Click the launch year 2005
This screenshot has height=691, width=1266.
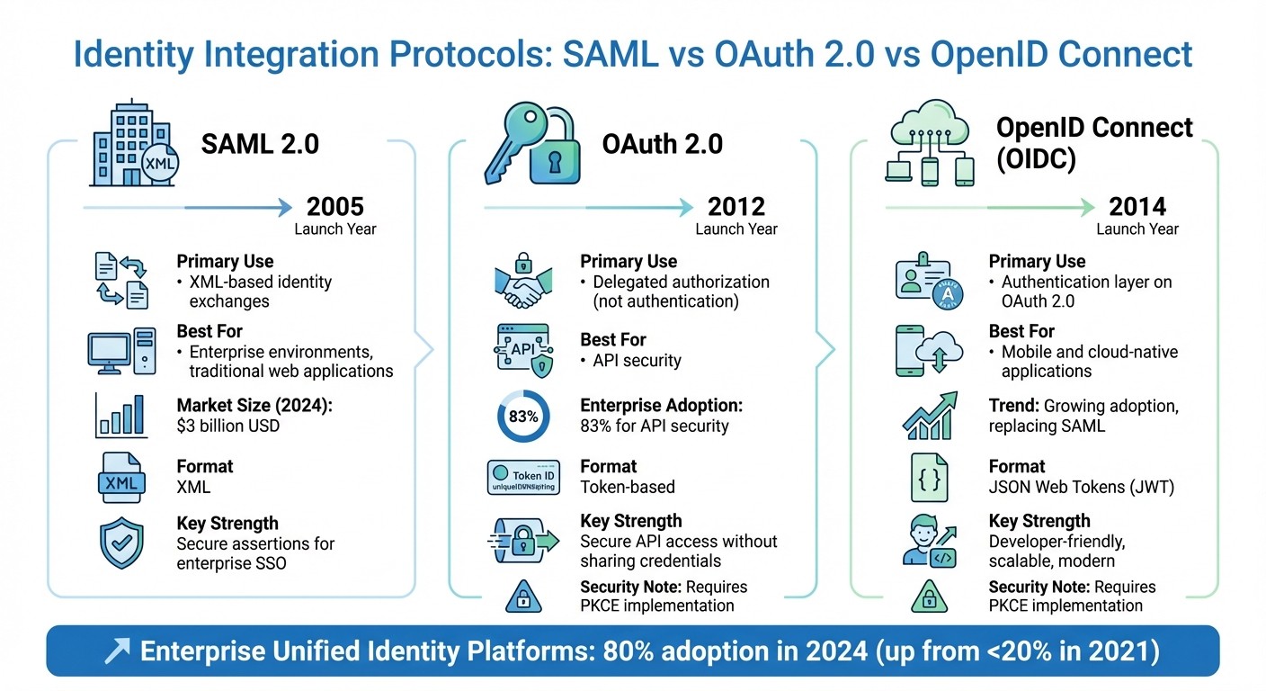[335, 207]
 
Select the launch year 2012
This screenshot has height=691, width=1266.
[736, 207]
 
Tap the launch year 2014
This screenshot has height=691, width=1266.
[1137, 207]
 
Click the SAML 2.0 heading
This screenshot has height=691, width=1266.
[260, 144]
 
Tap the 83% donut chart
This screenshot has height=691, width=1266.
[523, 417]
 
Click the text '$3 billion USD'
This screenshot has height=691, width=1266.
[228, 426]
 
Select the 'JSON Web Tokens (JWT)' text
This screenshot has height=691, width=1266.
[1082, 487]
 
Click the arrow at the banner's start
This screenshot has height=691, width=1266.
[116, 651]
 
